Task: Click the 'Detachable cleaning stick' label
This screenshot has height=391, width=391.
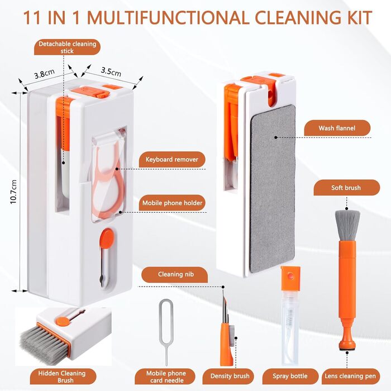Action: click(x=68, y=47)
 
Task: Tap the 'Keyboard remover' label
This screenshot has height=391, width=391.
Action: click(x=172, y=159)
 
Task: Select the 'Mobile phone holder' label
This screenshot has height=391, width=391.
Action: click(x=172, y=203)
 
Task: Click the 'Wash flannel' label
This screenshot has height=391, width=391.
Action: click(x=337, y=128)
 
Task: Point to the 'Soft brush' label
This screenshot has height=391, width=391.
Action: click(x=346, y=188)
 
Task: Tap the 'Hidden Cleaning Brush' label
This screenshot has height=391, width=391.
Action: click(x=63, y=376)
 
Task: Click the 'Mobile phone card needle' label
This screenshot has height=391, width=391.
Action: click(x=165, y=376)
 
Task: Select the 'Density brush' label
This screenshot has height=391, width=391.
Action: click(x=230, y=376)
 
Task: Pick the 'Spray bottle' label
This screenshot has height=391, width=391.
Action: click(x=290, y=376)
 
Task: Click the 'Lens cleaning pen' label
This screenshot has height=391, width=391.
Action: click(x=350, y=376)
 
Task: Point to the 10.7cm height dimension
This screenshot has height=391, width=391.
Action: click(x=14, y=192)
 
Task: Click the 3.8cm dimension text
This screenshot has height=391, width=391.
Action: click(x=44, y=74)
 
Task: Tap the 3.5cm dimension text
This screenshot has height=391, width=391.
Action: click(x=111, y=71)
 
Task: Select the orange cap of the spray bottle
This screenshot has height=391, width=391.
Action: click(x=290, y=278)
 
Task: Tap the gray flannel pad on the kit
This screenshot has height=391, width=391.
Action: click(x=273, y=188)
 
